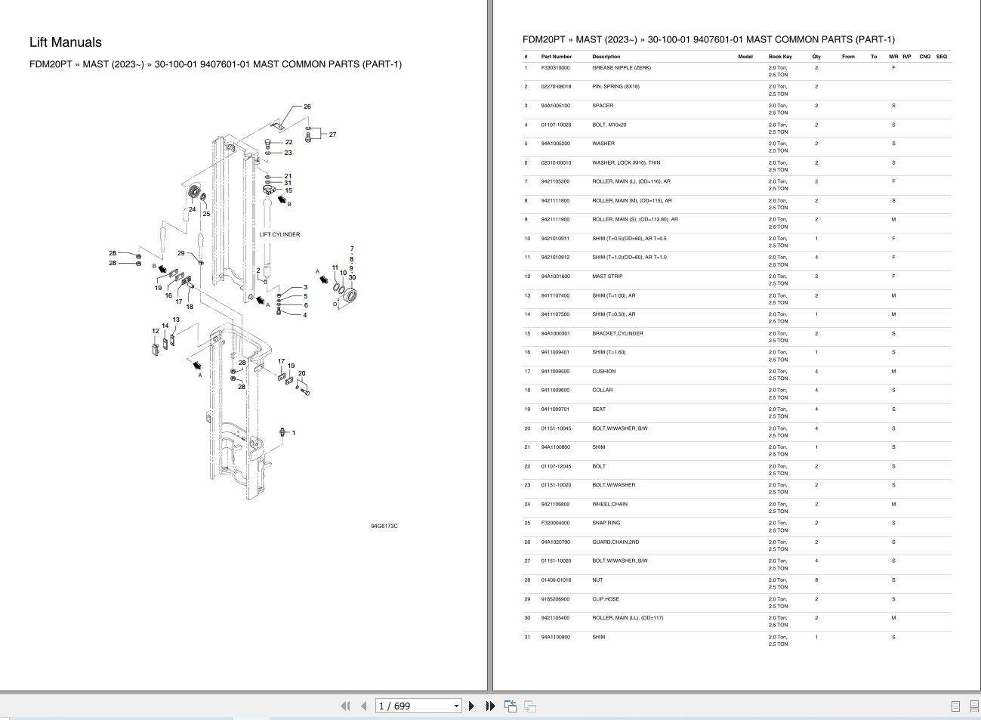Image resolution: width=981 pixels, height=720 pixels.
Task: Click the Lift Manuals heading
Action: [x=66, y=43]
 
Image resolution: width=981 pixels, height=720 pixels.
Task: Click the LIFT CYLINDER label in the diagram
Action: [x=279, y=234]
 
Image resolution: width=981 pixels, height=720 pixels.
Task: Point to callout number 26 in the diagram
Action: [x=307, y=107]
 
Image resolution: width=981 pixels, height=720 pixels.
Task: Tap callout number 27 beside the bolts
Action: [x=332, y=134]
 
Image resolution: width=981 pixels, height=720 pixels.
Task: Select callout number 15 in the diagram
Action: [x=288, y=190]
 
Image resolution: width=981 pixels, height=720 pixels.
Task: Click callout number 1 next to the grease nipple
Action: [x=294, y=433]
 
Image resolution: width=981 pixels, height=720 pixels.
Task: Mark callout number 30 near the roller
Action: [x=352, y=277]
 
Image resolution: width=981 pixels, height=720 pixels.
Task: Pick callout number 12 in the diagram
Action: [x=156, y=331]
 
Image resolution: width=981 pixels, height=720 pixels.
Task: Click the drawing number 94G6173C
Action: [x=384, y=526]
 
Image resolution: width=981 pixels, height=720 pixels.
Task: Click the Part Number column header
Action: [x=557, y=57]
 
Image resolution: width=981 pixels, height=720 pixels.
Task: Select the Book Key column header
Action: [x=780, y=57]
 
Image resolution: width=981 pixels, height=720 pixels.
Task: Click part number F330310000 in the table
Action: [x=556, y=68]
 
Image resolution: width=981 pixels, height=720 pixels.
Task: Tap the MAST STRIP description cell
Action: [x=608, y=277]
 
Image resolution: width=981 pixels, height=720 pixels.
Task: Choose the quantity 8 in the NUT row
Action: [x=816, y=580]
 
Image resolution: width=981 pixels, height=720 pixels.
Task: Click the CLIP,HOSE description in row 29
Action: [x=606, y=599]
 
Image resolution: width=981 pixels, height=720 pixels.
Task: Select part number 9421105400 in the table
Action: [x=556, y=618]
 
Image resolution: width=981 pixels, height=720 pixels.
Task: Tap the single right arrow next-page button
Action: [x=472, y=706]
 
